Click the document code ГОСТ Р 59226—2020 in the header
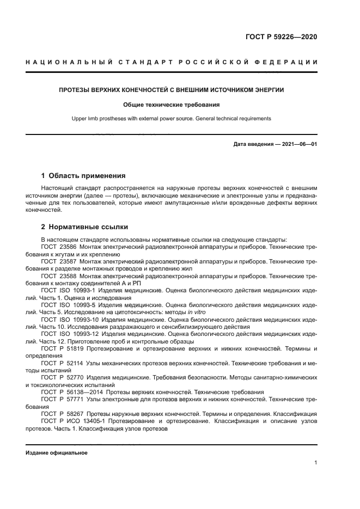coord(282,38)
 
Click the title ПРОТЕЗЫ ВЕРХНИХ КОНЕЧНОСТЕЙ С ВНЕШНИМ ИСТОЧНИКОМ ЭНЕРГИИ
coord(172,89)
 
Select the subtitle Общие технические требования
coord(172,104)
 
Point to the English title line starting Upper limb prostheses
coord(172,118)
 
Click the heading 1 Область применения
coord(83,176)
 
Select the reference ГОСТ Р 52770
coord(62,377)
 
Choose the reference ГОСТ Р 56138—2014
coord(71,392)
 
